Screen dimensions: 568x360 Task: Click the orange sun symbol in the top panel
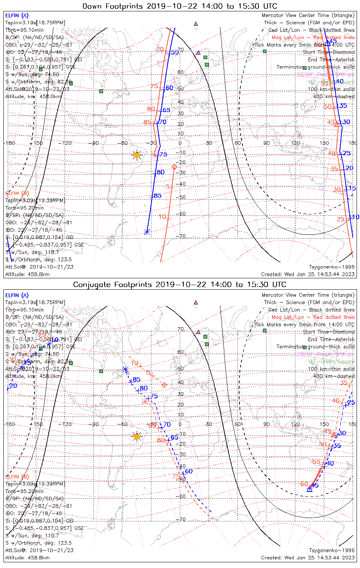(x=137, y=155)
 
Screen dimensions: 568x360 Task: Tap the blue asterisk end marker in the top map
(x=147, y=232)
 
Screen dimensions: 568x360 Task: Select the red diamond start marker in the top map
(x=174, y=167)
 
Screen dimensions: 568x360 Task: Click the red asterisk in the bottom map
(x=145, y=401)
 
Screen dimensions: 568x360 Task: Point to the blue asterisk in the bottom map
(x=126, y=370)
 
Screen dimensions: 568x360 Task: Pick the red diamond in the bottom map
(x=164, y=385)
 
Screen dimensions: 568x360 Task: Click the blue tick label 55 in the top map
(x=174, y=52)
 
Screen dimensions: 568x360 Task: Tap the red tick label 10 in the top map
(x=162, y=217)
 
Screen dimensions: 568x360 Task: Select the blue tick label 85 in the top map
(x=157, y=196)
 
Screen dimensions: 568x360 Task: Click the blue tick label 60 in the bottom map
(x=189, y=471)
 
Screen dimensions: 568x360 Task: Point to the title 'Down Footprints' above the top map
(x=111, y=6)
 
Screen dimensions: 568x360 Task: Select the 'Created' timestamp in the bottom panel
(x=308, y=558)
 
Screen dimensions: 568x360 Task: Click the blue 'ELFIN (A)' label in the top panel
(x=17, y=16)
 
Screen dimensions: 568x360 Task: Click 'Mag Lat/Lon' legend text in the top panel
(x=288, y=37)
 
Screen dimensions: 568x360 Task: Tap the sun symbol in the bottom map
(x=137, y=437)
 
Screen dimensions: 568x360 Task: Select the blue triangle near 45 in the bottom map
(x=309, y=489)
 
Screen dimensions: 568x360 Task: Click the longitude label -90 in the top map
(x=95, y=143)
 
